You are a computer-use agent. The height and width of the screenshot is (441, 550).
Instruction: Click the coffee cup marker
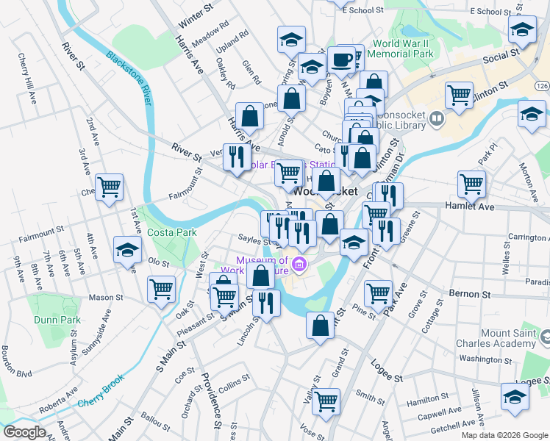click(x=340, y=60)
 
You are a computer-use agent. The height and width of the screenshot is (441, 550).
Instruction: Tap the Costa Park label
click(x=171, y=232)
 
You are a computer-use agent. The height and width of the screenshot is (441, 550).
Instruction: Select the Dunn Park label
click(x=57, y=320)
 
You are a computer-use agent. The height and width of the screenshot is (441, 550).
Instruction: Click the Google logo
click(x=24, y=432)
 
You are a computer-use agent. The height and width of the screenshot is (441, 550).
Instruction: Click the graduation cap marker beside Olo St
click(x=127, y=250)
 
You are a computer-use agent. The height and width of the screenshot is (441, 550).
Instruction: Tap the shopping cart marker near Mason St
click(x=161, y=288)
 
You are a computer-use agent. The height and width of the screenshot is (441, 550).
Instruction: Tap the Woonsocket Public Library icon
click(x=437, y=118)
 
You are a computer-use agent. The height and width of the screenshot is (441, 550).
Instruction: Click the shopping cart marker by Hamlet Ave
click(x=471, y=184)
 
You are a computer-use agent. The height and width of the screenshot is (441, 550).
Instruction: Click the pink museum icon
click(x=299, y=264)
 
